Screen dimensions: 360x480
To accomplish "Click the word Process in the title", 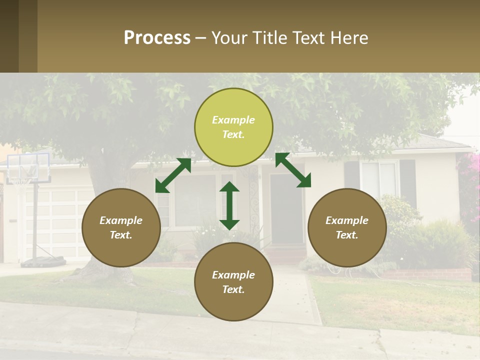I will [157, 38].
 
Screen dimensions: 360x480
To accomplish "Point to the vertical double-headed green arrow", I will [229, 206].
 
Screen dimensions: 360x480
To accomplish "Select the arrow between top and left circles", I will [173, 175].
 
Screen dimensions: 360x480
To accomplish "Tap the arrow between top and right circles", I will [293, 170].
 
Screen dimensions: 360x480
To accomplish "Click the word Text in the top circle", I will [233, 135].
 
